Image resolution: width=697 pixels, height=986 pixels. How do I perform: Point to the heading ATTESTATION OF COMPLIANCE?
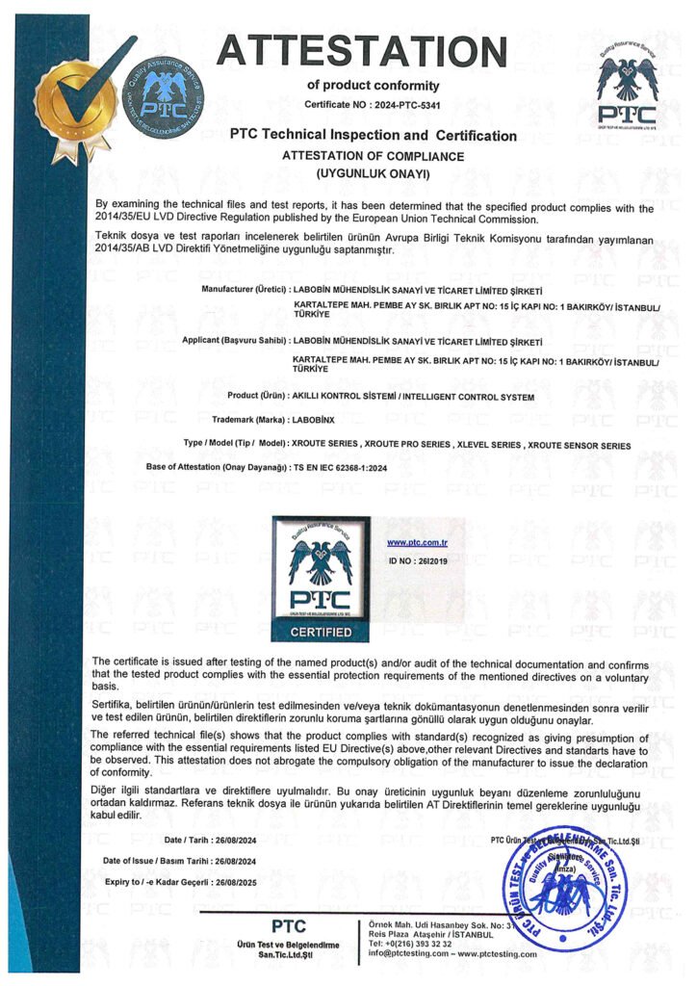(x=373, y=155)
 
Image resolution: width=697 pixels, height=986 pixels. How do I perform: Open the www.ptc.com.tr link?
(x=411, y=544)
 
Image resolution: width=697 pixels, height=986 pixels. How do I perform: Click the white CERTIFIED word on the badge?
(x=321, y=632)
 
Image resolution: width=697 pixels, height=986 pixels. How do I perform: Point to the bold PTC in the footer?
(x=288, y=926)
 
